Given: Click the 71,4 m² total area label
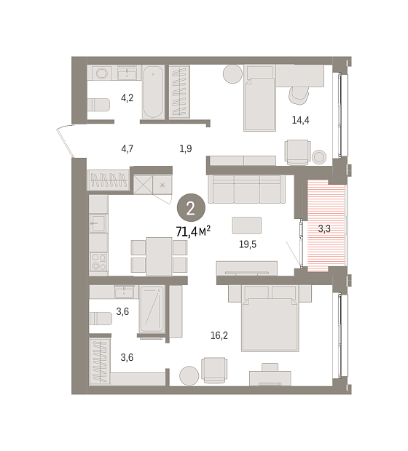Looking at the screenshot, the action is click(x=193, y=231).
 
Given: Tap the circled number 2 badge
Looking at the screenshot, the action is click(x=191, y=208).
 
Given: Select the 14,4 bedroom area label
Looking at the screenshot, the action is click(x=300, y=120).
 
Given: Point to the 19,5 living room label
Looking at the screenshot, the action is click(x=248, y=244).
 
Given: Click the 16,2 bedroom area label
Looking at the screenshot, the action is click(x=219, y=335).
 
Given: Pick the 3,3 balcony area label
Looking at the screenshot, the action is click(x=324, y=228).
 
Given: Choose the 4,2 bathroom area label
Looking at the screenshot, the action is click(x=127, y=97).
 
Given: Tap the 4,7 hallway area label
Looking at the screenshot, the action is click(x=127, y=148).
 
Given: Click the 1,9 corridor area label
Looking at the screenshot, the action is click(x=186, y=148).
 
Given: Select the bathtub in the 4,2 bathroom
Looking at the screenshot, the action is click(x=153, y=92).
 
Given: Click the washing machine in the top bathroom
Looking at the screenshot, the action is click(x=102, y=73).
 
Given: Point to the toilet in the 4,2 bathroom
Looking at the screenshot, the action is click(x=98, y=105).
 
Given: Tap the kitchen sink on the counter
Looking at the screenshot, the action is click(x=98, y=223).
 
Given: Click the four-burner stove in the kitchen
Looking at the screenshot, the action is click(x=98, y=261).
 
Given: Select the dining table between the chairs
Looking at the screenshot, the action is click(x=159, y=256).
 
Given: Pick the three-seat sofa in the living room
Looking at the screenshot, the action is click(x=247, y=189).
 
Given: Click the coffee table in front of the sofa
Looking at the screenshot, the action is click(x=247, y=225).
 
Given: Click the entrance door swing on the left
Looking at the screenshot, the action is click(x=65, y=141).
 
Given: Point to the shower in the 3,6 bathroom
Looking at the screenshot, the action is click(x=152, y=309).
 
